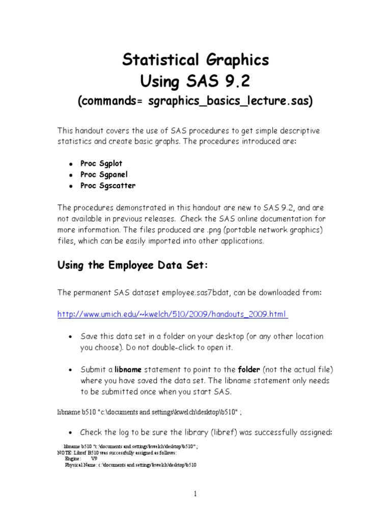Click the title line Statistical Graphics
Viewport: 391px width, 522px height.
point(195,60)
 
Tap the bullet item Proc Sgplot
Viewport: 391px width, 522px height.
point(101,164)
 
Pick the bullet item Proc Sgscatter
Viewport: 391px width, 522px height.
point(107,186)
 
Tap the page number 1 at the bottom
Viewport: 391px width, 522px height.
point(195,493)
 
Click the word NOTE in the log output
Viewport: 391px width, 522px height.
point(64,453)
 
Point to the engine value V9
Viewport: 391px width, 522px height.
point(94,459)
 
